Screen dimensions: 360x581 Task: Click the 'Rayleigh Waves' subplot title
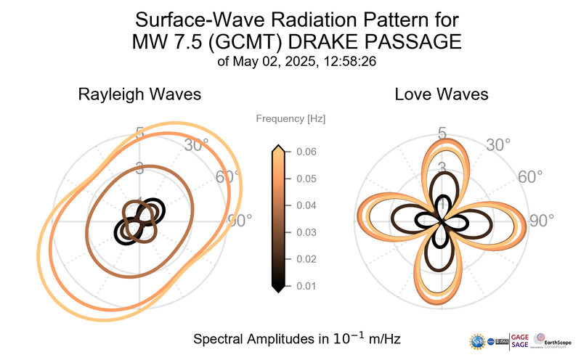[x=139, y=94]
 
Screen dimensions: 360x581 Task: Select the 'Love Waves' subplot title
[x=441, y=94]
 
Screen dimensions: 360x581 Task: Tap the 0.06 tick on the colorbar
[x=306, y=152]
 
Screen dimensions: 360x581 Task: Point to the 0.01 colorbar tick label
[x=306, y=285]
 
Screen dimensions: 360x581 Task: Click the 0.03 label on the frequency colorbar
[x=306, y=232]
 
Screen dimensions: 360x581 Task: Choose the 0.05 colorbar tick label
[x=306, y=179]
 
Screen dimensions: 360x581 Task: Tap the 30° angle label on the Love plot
[x=498, y=145]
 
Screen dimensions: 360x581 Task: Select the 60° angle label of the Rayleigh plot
[x=227, y=177]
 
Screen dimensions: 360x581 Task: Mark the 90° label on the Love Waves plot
[x=541, y=221]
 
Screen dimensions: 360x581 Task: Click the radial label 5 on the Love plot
[x=442, y=133]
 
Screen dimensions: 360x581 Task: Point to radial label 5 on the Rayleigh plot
[x=139, y=133]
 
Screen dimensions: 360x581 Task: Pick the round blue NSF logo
[x=478, y=340]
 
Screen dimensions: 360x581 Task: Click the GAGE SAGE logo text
[x=521, y=340]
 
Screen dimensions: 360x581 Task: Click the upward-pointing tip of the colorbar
[x=277, y=148]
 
